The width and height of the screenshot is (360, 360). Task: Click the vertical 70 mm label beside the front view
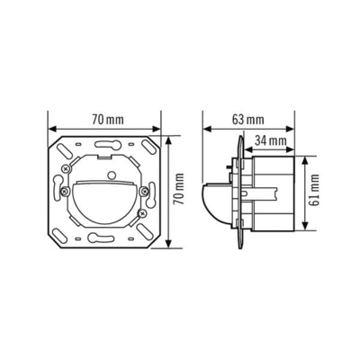(x=178, y=192)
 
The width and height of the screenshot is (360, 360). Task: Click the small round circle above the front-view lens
(x=107, y=171)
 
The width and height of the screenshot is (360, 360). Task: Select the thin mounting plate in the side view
(x=239, y=192)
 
